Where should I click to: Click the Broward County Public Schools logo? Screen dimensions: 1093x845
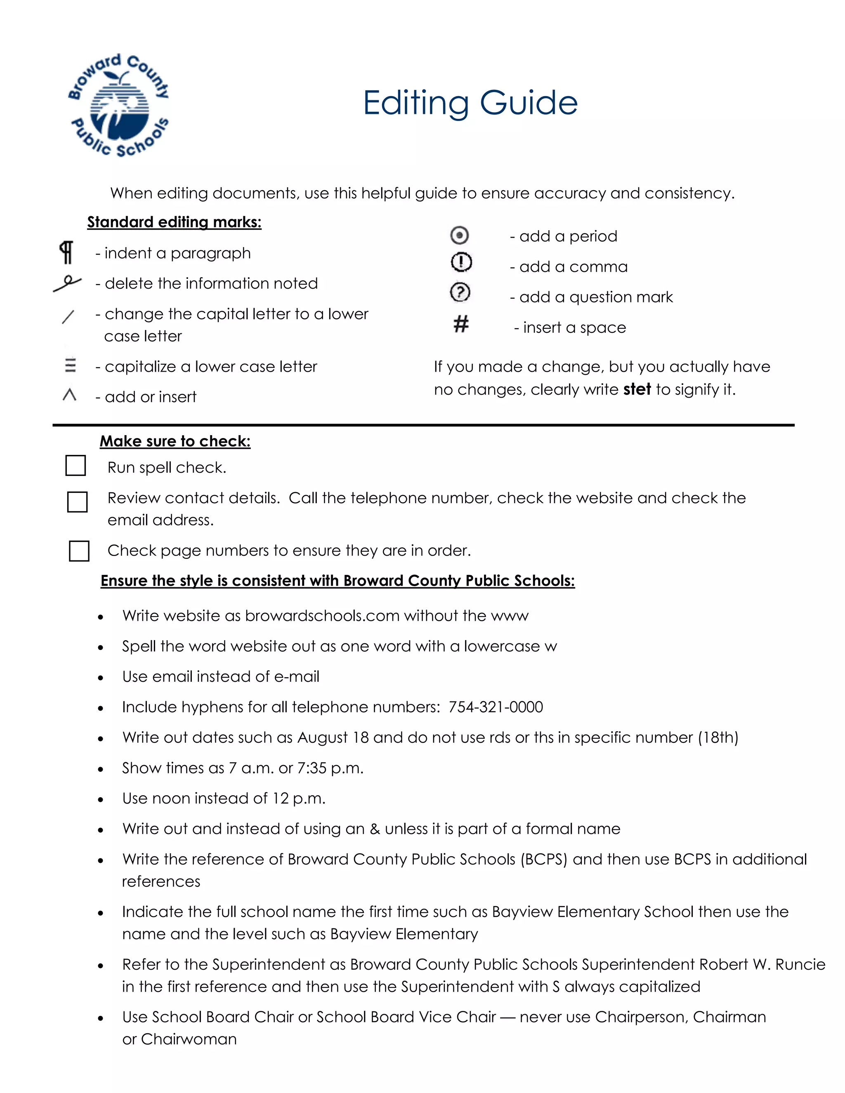tap(119, 105)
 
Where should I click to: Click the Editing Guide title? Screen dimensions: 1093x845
tap(470, 103)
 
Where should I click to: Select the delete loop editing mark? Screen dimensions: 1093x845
tap(68, 283)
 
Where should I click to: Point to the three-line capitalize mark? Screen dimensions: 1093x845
tap(70, 365)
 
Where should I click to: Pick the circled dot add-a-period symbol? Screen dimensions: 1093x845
tap(460, 235)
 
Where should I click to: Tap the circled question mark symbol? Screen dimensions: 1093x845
tap(460, 293)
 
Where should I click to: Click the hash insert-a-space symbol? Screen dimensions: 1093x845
tap(461, 324)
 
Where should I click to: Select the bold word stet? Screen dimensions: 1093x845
tap(637, 389)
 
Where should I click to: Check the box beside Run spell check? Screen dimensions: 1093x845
tap(76, 465)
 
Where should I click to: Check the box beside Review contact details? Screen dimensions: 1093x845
tap(78, 502)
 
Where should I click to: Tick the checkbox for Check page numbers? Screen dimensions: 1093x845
tap(79, 551)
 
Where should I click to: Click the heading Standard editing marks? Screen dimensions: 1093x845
tap(174, 222)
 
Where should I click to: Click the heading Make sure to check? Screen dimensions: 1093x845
tap(175, 441)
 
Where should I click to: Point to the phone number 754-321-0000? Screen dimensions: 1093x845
tap(496, 707)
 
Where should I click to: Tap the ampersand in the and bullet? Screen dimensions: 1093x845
tap(375, 829)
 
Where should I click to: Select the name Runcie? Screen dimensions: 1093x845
tap(800, 964)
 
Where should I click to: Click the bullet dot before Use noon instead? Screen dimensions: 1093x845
tap(101, 799)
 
